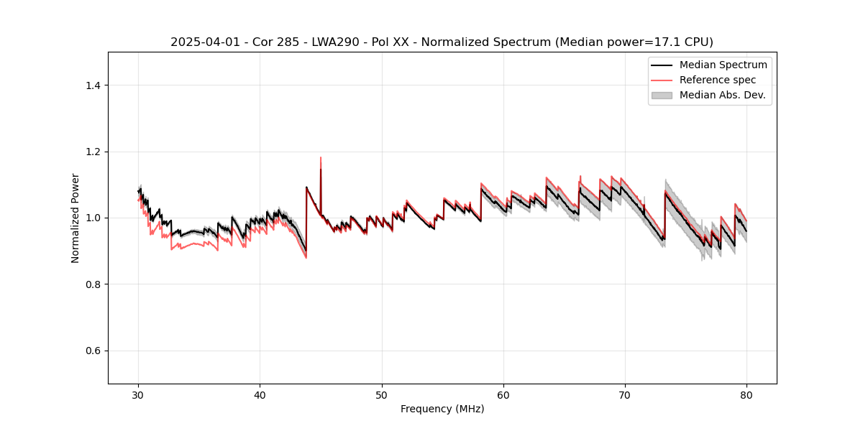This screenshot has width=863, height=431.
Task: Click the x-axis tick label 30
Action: pyautogui.click(x=139, y=395)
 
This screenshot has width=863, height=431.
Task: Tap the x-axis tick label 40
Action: pyautogui.click(x=260, y=395)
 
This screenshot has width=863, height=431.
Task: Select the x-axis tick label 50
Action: pyautogui.click(x=382, y=395)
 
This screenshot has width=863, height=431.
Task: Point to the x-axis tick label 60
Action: pyautogui.click(x=503, y=395)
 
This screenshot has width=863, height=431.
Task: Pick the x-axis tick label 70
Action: pyautogui.click(x=625, y=395)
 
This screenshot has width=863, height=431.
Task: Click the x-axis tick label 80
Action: pyautogui.click(x=746, y=395)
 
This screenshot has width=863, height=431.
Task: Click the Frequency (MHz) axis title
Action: pyautogui.click(x=442, y=409)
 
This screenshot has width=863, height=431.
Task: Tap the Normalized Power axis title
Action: pyautogui.click(x=75, y=218)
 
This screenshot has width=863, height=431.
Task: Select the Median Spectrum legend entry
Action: pyautogui.click(x=723, y=65)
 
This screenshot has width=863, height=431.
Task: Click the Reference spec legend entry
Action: pyautogui.click(x=717, y=80)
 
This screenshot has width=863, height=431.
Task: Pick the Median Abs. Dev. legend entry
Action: pyautogui.click(x=722, y=95)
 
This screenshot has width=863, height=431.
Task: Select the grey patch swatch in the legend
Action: pyautogui.click(x=662, y=95)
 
